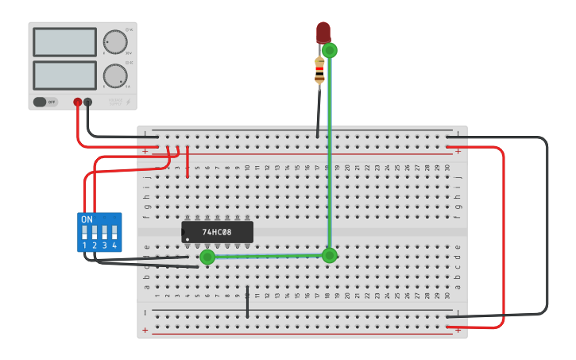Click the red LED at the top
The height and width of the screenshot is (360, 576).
click(323, 33)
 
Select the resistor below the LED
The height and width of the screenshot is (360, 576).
click(319, 71)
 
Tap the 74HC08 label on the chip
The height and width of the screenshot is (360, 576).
click(217, 233)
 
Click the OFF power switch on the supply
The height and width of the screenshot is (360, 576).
click(45, 102)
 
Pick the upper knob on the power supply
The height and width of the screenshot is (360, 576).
click(115, 41)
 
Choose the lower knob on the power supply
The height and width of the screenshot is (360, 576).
click(115, 76)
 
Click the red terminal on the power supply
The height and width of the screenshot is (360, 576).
click(78, 102)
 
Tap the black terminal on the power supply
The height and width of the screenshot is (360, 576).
click(88, 102)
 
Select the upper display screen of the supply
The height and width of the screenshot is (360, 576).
click(65, 41)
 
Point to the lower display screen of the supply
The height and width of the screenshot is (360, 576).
click(65, 75)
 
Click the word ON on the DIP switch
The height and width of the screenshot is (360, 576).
click(87, 219)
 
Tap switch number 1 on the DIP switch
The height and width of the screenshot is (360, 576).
click(84, 232)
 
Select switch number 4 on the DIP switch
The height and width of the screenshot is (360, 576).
click(114, 232)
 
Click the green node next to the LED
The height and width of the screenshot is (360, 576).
click(330, 50)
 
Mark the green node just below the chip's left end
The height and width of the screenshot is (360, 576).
click(207, 257)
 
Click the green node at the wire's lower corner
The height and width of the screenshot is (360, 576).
click(330, 255)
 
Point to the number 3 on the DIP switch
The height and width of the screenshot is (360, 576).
click(104, 246)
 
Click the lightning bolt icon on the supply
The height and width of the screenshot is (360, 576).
click(129, 102)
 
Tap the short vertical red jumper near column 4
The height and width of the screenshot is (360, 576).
click(187, 162)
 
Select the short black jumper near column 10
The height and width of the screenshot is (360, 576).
click(247, 302)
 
